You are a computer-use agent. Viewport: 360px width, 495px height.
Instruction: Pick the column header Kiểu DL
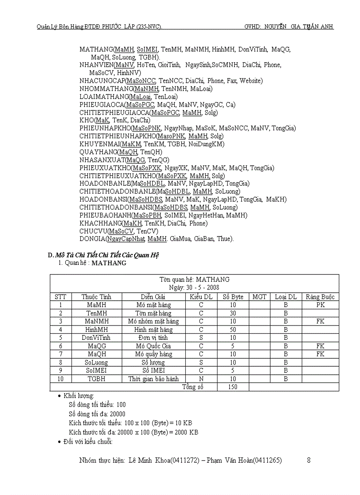(201, 297)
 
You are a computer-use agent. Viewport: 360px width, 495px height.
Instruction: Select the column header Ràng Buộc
(320, 297)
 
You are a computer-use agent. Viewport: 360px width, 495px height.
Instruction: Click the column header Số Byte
(233, 297)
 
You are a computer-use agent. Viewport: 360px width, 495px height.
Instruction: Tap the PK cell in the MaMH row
(320, 305)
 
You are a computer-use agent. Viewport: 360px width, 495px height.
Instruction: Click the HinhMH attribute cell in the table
(97, 329)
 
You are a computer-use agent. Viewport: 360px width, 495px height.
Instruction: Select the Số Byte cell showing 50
(233, 329)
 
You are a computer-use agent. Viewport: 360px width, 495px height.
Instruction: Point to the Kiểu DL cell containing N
(201, 379)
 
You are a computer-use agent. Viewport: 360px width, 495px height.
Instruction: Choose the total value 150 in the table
(233, 387)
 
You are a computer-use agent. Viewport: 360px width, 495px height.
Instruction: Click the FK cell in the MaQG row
(320, 346)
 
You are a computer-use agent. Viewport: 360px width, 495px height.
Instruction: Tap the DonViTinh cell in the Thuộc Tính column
(97, 338)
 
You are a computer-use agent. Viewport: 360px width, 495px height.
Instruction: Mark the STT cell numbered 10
(61, 379)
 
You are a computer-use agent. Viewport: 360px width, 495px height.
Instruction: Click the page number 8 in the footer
(309, 461)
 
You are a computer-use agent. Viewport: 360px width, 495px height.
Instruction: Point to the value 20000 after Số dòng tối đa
(117, 414)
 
